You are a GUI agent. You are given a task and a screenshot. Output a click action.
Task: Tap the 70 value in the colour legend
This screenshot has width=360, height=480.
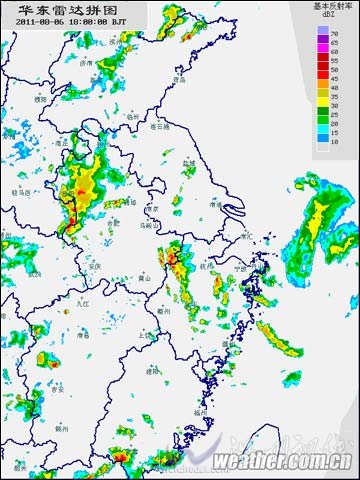click(x=335, y=33)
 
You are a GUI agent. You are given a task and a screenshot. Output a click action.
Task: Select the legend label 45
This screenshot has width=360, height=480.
click(x=335, y=77)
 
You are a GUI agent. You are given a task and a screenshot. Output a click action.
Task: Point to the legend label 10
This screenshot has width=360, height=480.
click(x=335, y=144)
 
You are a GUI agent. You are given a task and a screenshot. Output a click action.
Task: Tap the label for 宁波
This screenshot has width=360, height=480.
click(x=240, y=268)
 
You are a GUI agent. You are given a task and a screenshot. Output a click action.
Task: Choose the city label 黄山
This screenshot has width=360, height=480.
click(x=145, y=277)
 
